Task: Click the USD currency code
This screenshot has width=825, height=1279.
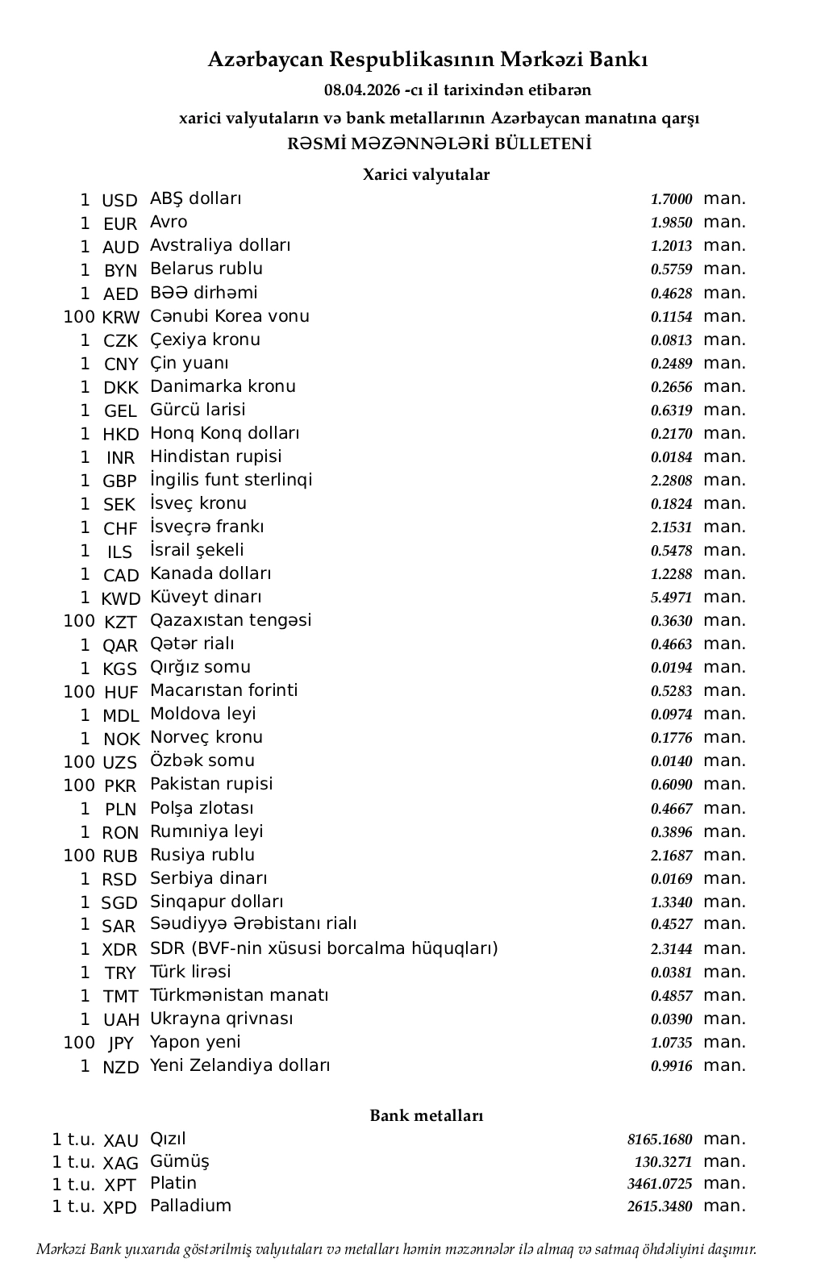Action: click(119, 201)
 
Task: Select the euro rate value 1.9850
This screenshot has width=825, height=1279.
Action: click(671, 223)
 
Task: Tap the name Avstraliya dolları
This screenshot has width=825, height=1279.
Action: click(220, 245)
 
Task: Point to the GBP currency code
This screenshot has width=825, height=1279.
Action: click(119, 481)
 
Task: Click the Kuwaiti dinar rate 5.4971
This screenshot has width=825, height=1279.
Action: click(671, 598)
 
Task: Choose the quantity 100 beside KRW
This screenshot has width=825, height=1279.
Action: click(79, 317)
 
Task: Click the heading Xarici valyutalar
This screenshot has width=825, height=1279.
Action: click(426, 174)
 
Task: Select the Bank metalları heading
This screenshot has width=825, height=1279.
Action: click(426, 1115)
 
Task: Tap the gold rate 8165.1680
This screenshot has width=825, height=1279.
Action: click(659, 1139)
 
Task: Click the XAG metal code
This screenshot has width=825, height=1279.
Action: click(121, 1163)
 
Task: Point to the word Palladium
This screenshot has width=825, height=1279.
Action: click(190, 1206)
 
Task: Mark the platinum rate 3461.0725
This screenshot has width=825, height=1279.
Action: click(659, 1184)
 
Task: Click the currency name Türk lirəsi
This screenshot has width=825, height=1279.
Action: click(190, 972)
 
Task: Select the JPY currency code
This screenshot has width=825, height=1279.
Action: click(120, 1044)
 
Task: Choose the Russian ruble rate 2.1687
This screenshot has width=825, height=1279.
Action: click(671, 856)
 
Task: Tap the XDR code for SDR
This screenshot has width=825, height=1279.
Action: click(119, 950)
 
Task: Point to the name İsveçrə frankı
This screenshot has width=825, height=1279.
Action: click(206, 527)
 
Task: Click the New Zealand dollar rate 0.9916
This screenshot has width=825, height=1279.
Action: click(671, 1066)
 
